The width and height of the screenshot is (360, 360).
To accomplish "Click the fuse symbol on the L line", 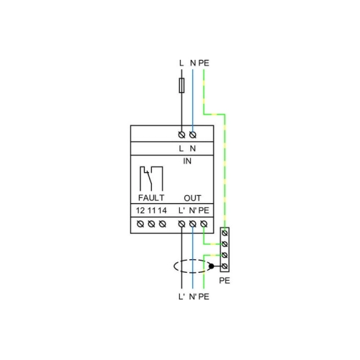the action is tap(181, 85).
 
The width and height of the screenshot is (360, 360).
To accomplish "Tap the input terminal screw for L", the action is tap(181, 135).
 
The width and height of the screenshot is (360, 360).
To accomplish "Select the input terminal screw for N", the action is tap(193, 135).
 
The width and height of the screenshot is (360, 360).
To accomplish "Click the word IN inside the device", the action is tap(187, 161).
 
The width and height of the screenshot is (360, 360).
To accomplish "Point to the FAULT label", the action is tap(151, 198).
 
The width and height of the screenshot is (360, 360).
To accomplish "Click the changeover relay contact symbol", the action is tap(151, 179).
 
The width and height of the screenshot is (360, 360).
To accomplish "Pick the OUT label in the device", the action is tap(192, 198).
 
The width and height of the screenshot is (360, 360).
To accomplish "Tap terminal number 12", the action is tap(140, 210).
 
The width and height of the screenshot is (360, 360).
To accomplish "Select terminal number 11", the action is tap(151, 210).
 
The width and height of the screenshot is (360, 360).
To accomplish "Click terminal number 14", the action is tap(162, 210).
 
